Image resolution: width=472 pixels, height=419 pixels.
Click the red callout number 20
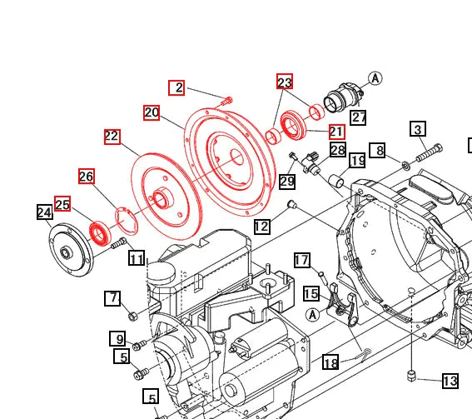click(151, 112)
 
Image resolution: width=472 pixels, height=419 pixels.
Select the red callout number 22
click(112, 137)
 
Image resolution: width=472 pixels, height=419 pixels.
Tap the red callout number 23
click(285, 82)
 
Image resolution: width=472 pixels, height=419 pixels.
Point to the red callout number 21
click(336, 132)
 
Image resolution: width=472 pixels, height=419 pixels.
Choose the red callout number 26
click(87, 176)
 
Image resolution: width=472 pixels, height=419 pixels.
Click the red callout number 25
click(62, 203)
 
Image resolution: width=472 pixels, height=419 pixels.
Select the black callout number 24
click(45, 212)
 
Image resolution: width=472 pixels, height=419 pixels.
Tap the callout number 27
click(358, 117)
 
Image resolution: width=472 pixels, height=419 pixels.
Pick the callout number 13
click(450, 382)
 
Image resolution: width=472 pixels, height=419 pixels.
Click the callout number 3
click(418, 128)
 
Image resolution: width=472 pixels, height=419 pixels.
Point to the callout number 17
click(301, 261)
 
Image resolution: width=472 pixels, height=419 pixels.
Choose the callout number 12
click(261, 226)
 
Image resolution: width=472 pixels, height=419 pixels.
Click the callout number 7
click(113, 297)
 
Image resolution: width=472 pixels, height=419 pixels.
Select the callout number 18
click(330, 362)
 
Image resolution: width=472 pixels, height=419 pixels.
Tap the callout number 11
click(137, 258)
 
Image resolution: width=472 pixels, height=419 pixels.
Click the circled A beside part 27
click(375, 78)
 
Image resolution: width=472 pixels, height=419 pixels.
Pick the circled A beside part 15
click(312, 314)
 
